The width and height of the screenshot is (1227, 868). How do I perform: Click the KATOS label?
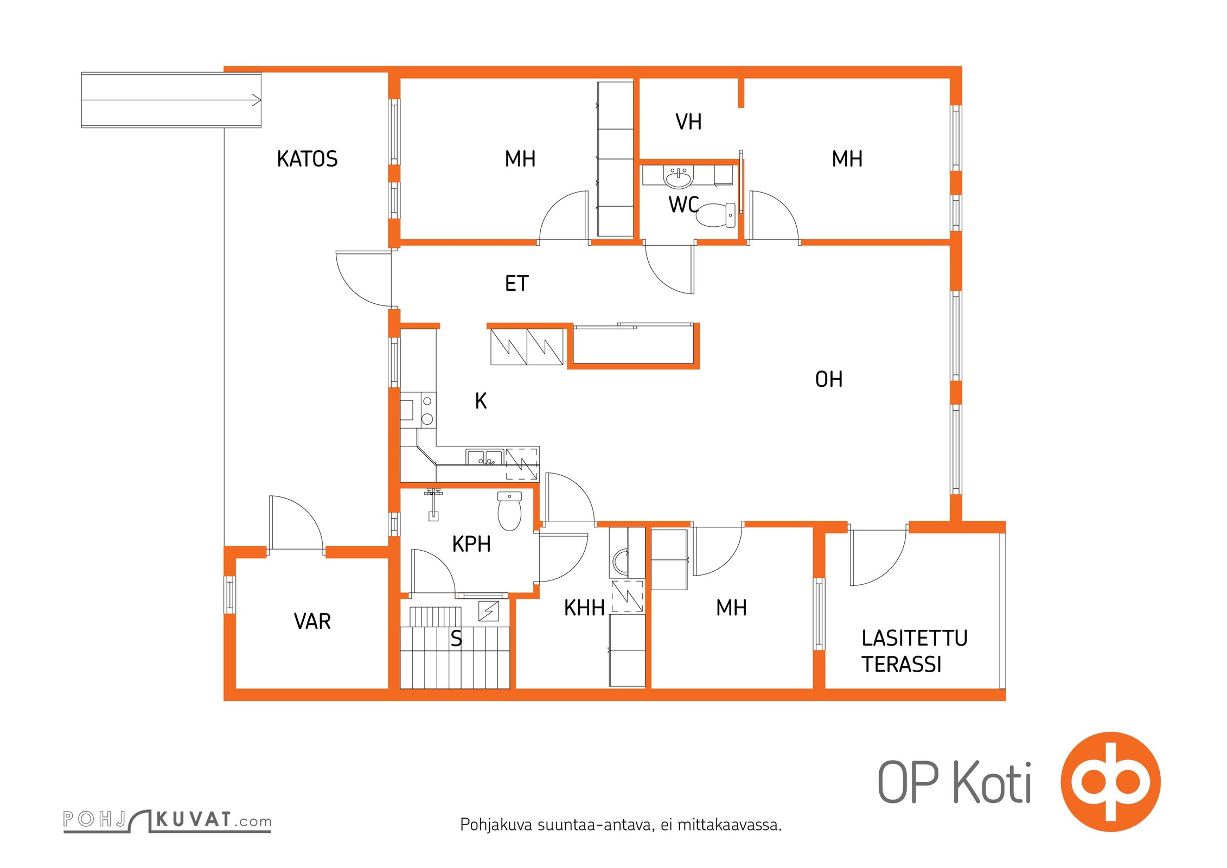307,159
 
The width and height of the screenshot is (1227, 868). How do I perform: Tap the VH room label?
688,122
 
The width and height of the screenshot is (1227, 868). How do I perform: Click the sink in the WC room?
679,177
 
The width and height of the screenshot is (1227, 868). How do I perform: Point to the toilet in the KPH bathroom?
509,511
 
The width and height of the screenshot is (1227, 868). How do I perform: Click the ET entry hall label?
516,283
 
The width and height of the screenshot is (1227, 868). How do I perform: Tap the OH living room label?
829,379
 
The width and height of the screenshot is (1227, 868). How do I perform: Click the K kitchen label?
481,401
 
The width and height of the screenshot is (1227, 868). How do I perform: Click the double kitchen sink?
484,458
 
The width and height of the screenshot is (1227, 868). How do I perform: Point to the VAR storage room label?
312,621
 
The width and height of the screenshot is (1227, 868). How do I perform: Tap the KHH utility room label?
584,608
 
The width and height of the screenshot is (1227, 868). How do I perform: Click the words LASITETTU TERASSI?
915,651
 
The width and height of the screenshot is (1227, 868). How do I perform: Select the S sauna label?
456,639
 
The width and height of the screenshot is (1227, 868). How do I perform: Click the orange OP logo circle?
1110,782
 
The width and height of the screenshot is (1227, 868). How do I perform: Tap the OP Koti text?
954,782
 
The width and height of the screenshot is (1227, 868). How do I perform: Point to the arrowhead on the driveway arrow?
257,100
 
